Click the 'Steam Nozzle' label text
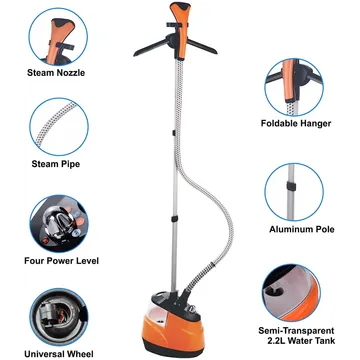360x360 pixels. pyautogui.click(x=56, y=73)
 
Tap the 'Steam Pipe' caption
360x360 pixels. pyautogui.click(x=56, y=164)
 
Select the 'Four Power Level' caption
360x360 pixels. pyautogui.click(x=62, y=260)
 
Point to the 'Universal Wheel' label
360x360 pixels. pyautogui.click(x=59, y=353)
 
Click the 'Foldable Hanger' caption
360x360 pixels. pyautogui.click(x=296, y=123)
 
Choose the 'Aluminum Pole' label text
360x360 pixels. pyautogui.click(x=302, y=229)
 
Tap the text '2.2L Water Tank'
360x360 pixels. pyautogui.click(x=300, y=340)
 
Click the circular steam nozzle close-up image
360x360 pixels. pyautogui.click(x=58, y=37)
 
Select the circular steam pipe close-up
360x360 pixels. pyautogui.click(x=59, y=127)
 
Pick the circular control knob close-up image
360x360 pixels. pyautogui.click(x=59, y=224)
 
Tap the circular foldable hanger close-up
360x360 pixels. pyautogui.click(x=294, y=87)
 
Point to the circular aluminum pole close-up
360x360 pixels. pyautogui.click(x=294, y=192)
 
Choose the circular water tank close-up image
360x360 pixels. pyautogui.click(x=291, y=293)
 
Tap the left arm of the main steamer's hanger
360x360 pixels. pyautogui.click(x=151, y=48)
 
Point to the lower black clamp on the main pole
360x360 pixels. pyautogui.click(x=174, y=219)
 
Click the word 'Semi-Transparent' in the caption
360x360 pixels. pyautogui.click(x=296, y=331)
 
